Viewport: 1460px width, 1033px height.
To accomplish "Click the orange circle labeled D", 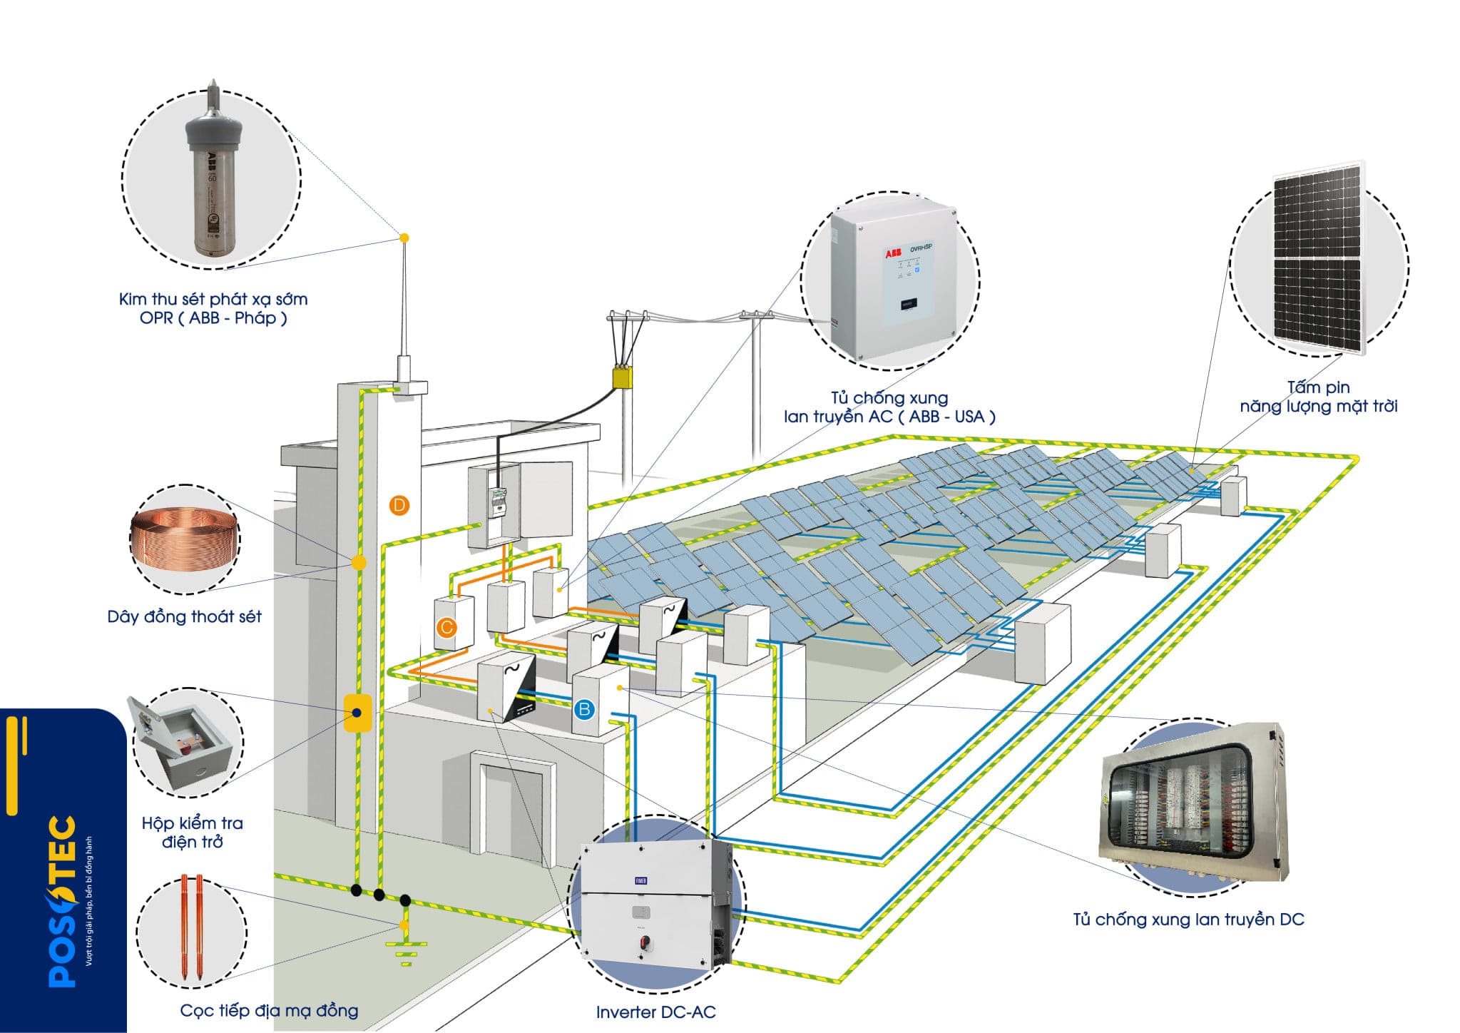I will point(399,506).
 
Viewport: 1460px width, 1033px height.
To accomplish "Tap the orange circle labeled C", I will point(446,628).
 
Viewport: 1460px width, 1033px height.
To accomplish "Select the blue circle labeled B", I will point(584,709).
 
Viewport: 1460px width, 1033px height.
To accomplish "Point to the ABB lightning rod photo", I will point(212,175).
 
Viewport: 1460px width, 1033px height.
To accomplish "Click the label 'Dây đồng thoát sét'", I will point(184,616).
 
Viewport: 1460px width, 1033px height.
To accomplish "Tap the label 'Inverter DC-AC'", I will point(655,1012).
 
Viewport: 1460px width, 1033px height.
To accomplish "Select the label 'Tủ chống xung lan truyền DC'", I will point(1188,920).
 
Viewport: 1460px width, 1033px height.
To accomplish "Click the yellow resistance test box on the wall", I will point(357,713).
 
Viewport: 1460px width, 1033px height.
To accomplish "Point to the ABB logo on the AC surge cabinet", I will point(893,253).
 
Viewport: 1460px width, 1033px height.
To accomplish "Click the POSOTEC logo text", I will point(63,902).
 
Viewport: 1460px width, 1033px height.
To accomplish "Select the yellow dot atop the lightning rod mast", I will point(404,238).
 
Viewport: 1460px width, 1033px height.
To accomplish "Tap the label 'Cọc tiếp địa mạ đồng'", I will point(269,1010).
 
